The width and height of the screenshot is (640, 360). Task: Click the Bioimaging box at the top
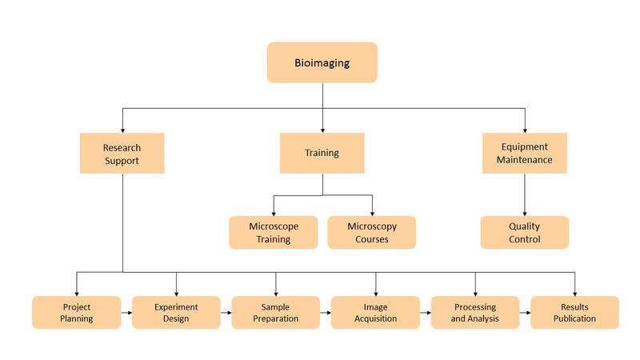[x=322, y=62]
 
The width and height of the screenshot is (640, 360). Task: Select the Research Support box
[x=122, y=154]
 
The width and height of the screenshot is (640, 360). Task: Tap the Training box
[x=322, y=153]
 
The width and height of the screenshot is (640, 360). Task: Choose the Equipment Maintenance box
[x=524, y=153]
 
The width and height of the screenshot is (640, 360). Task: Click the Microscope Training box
[x=273, y=232]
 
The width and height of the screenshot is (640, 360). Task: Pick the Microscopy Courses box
[x=371, y=232]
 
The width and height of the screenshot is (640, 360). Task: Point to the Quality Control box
[x=524, y=232]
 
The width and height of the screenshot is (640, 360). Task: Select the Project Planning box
[x=77, y=312]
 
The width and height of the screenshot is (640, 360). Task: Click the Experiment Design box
[x=176, y=312]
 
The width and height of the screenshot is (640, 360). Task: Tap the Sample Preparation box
[x=275, y=312]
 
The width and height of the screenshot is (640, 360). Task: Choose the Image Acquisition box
[x=375, y=312]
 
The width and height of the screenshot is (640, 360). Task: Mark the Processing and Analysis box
[x=474, y=312]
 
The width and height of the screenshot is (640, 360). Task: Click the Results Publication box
[x=574, y=312]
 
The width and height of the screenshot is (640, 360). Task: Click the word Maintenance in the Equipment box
[x=524, y=160]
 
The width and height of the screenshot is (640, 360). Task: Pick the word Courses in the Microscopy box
[x=371, y=239]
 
